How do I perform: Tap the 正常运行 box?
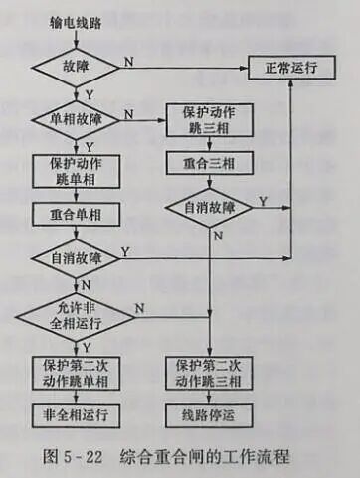pyautogui.click(x=290, y=70)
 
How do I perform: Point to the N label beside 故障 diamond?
pyautogui.click(x=129, y=61)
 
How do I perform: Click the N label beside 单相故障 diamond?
pyautogui.click(x=129, y=113)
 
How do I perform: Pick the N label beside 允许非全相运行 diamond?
pyautogui.click(x=139, y=307)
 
